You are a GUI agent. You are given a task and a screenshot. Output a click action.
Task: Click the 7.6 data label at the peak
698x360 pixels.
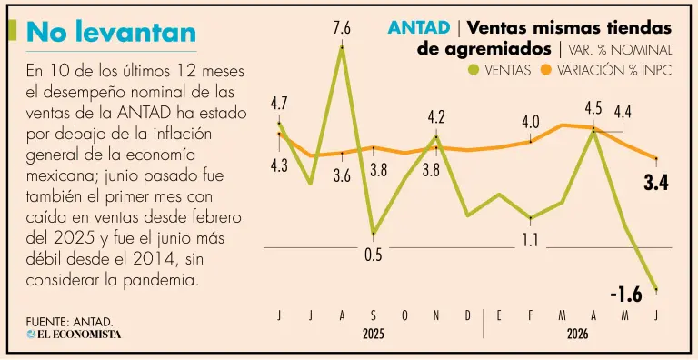tap(342, 29)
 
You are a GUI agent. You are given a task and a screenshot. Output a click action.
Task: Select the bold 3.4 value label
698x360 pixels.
tap(656, 183)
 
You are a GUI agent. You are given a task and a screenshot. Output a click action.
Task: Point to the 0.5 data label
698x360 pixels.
tap(373, 255)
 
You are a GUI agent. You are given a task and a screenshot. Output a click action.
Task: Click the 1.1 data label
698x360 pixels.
tap(530, 241)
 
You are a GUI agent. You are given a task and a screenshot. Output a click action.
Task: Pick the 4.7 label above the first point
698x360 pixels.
tap(279, 105)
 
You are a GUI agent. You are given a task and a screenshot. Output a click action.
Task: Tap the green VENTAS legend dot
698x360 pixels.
tap(474, 70)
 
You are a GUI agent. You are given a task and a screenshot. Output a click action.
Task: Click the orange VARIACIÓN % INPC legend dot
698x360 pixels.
tap(545, 70)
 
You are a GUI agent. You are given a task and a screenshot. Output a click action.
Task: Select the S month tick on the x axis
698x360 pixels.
tap(373, 315)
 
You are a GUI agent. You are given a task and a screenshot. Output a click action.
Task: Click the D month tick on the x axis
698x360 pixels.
tap(467, 315)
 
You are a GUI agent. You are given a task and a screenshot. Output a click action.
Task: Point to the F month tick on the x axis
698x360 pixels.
tap(530, 315)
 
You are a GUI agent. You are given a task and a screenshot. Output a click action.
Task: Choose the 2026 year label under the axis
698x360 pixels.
tap(577, 335)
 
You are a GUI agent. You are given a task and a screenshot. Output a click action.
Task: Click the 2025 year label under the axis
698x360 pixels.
tap(373, 335)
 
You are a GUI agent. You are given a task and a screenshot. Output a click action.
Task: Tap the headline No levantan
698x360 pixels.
tap(111, 32)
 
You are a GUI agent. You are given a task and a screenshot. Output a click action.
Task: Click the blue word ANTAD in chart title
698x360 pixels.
tap(418, 28)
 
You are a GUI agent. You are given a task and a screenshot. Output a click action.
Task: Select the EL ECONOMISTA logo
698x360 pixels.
tap(74, 335)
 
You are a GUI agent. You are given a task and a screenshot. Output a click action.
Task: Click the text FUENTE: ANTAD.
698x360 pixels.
tap(70, 322)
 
